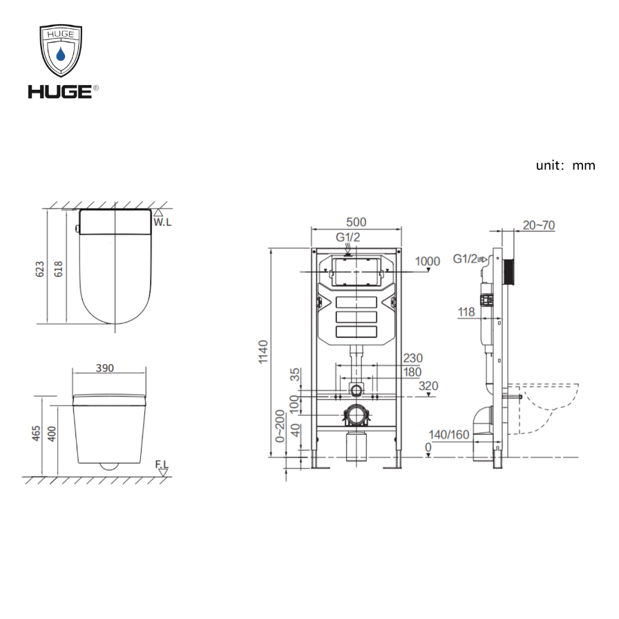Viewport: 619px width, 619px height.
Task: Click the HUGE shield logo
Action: [61, 51]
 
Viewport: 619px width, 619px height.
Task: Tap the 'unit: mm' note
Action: [565, 165]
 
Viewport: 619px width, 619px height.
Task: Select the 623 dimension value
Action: [39, 268]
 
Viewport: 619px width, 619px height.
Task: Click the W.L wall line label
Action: [162, 222]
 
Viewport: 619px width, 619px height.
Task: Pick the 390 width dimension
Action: [104, 368]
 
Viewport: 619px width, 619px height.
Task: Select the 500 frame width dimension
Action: [356, 222]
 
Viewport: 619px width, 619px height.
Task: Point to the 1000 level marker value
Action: [428, 260]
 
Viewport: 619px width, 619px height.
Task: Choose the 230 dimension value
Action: [412, 358]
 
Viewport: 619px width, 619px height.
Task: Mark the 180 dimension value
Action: [412, 372]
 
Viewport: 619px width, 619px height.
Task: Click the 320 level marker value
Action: [428, 385]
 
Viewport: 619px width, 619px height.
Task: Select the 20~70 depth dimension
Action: [539, 225]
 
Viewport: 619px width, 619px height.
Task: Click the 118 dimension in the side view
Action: [466, 312]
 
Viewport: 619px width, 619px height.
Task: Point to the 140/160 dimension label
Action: [448, 435]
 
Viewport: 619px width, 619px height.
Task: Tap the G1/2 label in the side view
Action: [465, 259]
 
